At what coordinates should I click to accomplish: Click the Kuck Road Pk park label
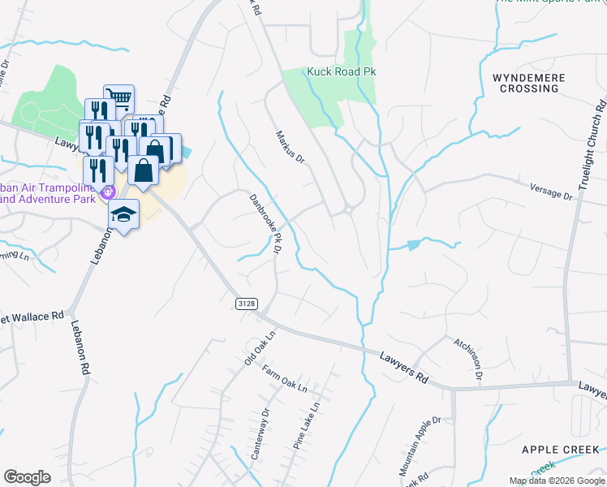pos(341,71)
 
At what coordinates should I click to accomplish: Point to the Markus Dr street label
pos(289,146)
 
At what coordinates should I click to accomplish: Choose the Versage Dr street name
pos(551,192)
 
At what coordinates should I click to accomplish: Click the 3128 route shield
pos(248,303)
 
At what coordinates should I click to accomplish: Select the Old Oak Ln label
pos(260,347)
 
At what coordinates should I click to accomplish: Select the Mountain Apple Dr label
pos(419,446)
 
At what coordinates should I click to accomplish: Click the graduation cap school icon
pos(123,214)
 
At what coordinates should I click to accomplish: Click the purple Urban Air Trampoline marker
pos(106,192)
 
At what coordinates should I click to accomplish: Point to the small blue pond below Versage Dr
pos(414,244)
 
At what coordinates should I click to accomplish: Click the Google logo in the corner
pos(27,477)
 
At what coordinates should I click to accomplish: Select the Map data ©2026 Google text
pos(557,481)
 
